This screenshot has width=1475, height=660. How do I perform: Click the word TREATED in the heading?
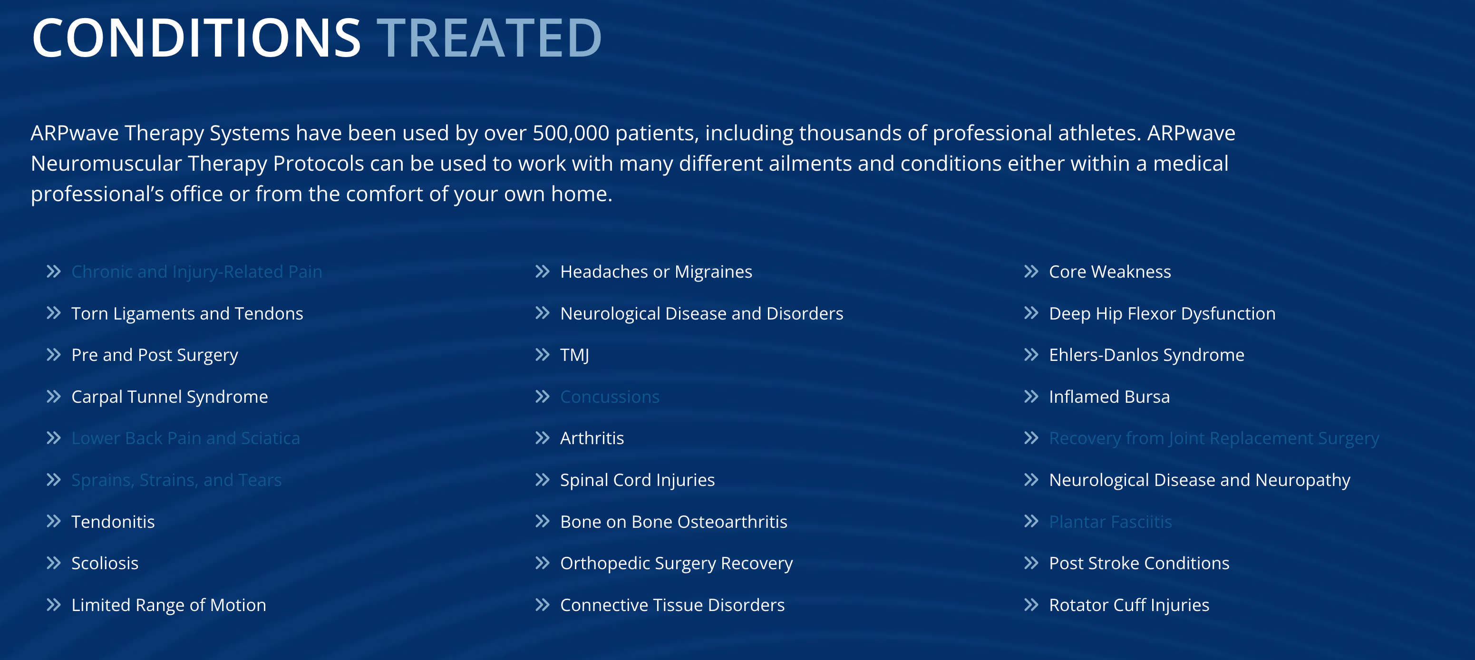[x=488, y=39]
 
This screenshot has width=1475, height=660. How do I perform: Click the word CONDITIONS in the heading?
[x=196, y=39]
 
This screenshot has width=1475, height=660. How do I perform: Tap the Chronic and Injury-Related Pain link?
[x=196, y=272]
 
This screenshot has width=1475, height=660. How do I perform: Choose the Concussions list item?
[x=609, y=397]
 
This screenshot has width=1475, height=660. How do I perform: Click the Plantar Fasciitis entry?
[x=1110, y=522]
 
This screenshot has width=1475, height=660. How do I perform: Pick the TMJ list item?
[x=574, y=355]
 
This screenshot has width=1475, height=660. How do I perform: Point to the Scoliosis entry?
[x=105, y=563]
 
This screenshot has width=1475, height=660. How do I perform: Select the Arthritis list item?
[x=592, y=438]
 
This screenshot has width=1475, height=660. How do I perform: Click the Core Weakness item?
[x=1109, y=272]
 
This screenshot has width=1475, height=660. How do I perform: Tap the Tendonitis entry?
[x=113, y=522]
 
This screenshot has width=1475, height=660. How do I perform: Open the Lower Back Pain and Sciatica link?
[x=185, y=438]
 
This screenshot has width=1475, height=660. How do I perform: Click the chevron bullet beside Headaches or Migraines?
[x=542, y=272]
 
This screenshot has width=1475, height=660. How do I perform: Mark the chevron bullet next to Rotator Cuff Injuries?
[x=1031, y=605]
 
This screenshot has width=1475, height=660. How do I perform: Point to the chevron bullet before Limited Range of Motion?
[x=53, y=605]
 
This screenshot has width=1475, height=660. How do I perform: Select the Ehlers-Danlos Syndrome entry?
[x=1146, y=355]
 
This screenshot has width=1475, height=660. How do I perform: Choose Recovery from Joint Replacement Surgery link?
[x=1213, y=438]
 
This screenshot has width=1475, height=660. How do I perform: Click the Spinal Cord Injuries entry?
[x=637, y=480]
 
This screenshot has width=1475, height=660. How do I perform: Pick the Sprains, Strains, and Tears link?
[x=176, y=480]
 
